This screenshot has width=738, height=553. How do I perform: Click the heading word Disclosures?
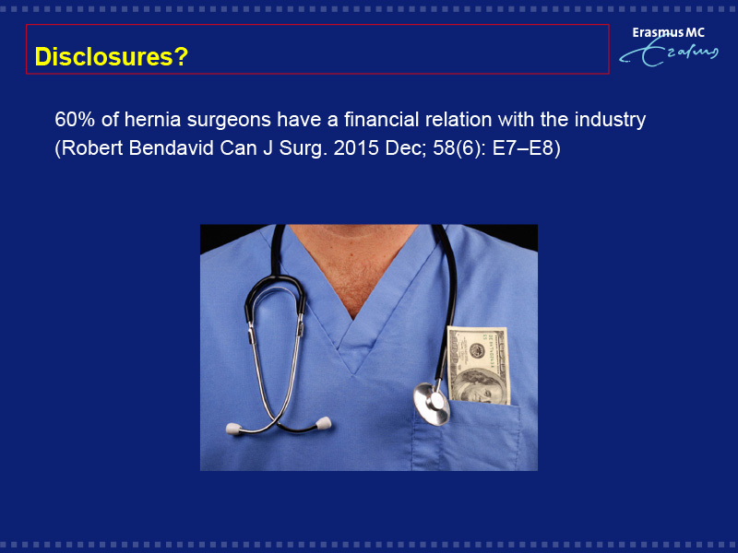click(x=112, y=57)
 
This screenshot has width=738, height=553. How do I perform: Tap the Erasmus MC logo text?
click(x=668, y=32)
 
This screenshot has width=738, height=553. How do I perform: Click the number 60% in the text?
click(x=75, y=120)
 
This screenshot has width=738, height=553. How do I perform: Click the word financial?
click(x=381, y=120)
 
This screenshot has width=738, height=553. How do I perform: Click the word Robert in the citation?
click(x=92, y=148)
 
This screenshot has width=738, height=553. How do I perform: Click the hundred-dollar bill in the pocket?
click(x=479, y=365)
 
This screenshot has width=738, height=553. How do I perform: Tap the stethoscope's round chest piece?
click(x=432, y=404)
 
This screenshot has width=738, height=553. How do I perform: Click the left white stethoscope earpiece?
click(x=234, y=429)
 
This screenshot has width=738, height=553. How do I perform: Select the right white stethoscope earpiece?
click(x=324, y=423)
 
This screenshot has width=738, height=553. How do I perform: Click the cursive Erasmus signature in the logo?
click(x=668, y=53)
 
